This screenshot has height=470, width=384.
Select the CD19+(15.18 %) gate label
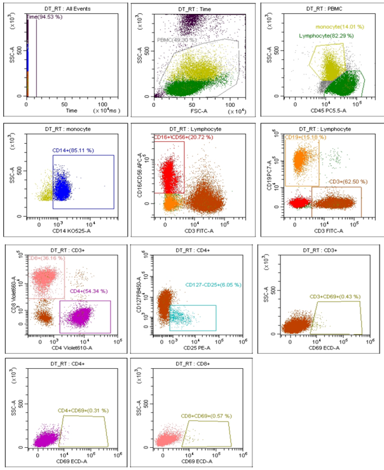coord(303,136)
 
